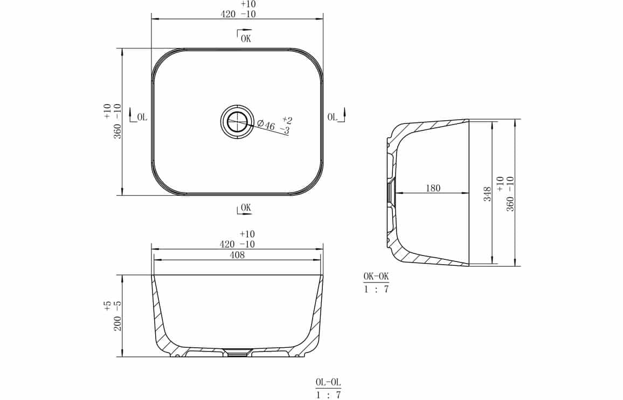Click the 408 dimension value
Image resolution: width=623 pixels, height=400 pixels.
(237, 255)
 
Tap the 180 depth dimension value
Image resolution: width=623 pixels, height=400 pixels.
(433, 188)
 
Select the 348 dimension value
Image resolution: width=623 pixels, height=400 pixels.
(487, 194)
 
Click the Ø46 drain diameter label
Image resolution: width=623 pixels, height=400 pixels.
(266, 125)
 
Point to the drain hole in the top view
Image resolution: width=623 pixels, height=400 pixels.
(237, 122)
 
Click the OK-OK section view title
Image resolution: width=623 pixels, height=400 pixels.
(376, 277)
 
